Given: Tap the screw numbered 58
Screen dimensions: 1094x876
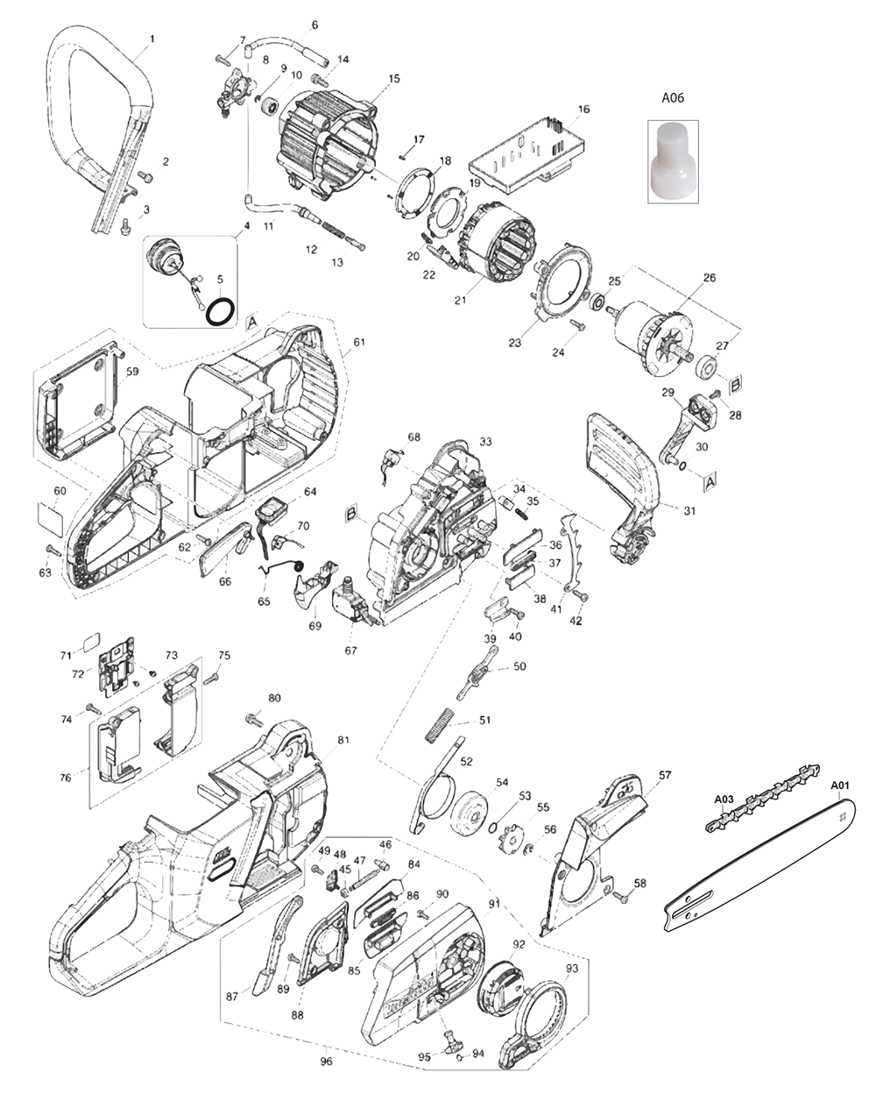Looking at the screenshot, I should click(623, 896).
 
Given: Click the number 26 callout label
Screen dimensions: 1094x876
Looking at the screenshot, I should click(709, 278).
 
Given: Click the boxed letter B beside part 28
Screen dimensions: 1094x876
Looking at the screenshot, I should click(737, 383).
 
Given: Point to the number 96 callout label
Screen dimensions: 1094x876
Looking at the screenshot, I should click(327, 1062).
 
